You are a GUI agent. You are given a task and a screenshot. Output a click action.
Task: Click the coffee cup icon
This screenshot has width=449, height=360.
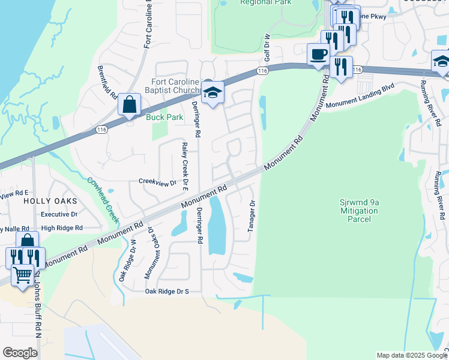pyautogui.click(x=318, y=55)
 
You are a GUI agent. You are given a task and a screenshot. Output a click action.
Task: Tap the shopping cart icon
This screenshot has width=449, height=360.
pyautogui.click(x=23, y=275)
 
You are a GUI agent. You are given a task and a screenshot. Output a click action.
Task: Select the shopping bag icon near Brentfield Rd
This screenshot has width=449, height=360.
pyautogui.click(x=129, y=104)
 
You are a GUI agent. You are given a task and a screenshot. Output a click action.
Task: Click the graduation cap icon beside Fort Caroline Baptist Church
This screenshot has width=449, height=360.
pyautogui.click(x=212, y=93)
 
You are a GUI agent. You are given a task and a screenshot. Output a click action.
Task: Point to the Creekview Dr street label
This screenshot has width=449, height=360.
pyautogui.click(x=158, y=182)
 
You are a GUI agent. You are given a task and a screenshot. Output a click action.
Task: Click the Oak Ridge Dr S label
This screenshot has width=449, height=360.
pyautogui.click(x=167, y=292)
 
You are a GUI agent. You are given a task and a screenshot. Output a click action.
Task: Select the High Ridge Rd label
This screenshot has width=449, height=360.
pyautogui.click(x=62, y=228)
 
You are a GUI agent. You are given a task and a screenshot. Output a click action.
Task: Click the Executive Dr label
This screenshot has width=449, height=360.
pyautogui.click(x=59, y=214)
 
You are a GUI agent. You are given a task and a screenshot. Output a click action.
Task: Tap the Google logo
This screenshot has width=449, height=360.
pyautogui.click(x=20, y=353)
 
